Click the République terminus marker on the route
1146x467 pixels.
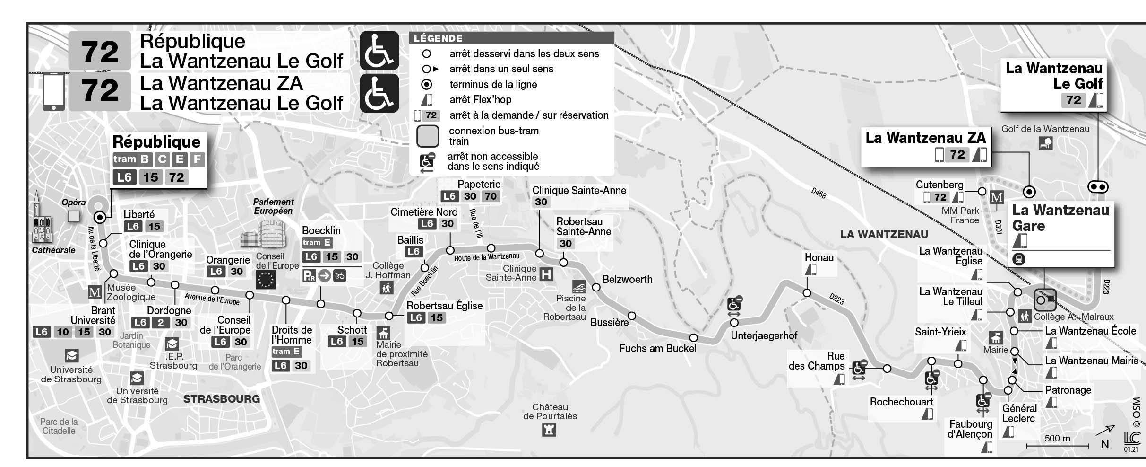[x=100, y=217]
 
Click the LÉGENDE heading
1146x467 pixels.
[x=438, y=38]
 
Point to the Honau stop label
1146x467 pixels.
[x=819, y=258]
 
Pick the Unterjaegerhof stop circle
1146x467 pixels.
[x=734, y=323]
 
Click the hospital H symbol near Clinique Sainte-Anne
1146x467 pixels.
[x=546, y=274]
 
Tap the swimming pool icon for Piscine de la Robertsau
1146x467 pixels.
[x=579, y=287]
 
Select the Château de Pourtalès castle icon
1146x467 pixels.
[x=549, y=430]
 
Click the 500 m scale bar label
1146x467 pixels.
[x=1057, y=438]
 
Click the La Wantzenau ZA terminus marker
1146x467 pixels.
[x=1029, y=192]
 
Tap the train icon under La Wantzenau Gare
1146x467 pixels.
[x=1019, y=259]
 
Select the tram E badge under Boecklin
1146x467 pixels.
[x=317, y=243]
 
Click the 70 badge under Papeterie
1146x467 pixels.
[x=491, y=196]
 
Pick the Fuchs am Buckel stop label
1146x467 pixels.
[x=658, y=349]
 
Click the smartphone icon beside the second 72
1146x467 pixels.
[x=53, y=92]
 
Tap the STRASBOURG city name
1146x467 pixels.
[x=221, y=399]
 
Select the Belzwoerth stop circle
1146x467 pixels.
[x=596, y=287]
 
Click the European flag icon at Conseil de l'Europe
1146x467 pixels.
[x=265, y=280]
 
